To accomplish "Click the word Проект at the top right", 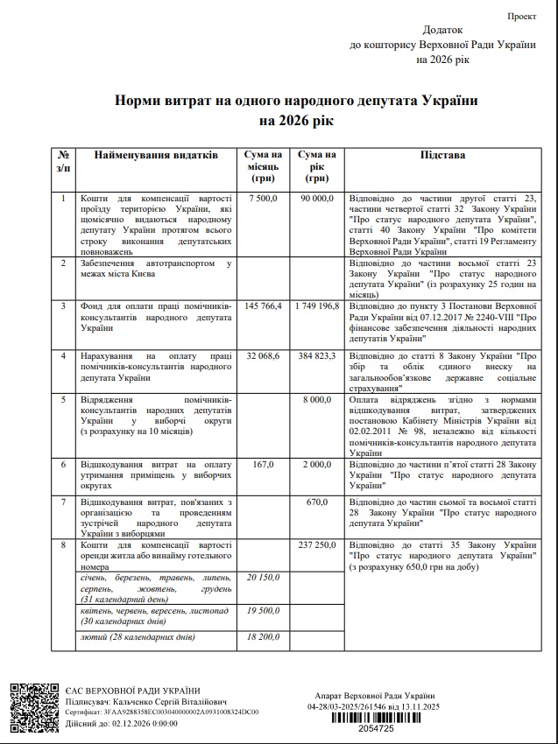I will click(x=522, y=17).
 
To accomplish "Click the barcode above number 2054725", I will click(x=384, y=717).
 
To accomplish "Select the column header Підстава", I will click(x=442, y=155).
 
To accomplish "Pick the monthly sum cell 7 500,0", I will click(x=263, y=199).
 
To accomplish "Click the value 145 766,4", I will click(x=263, y=305).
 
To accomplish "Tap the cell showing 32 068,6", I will click(x=263, y=356).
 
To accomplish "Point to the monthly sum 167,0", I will click(x=263, y=464).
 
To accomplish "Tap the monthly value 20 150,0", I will click(x=263, y=578).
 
